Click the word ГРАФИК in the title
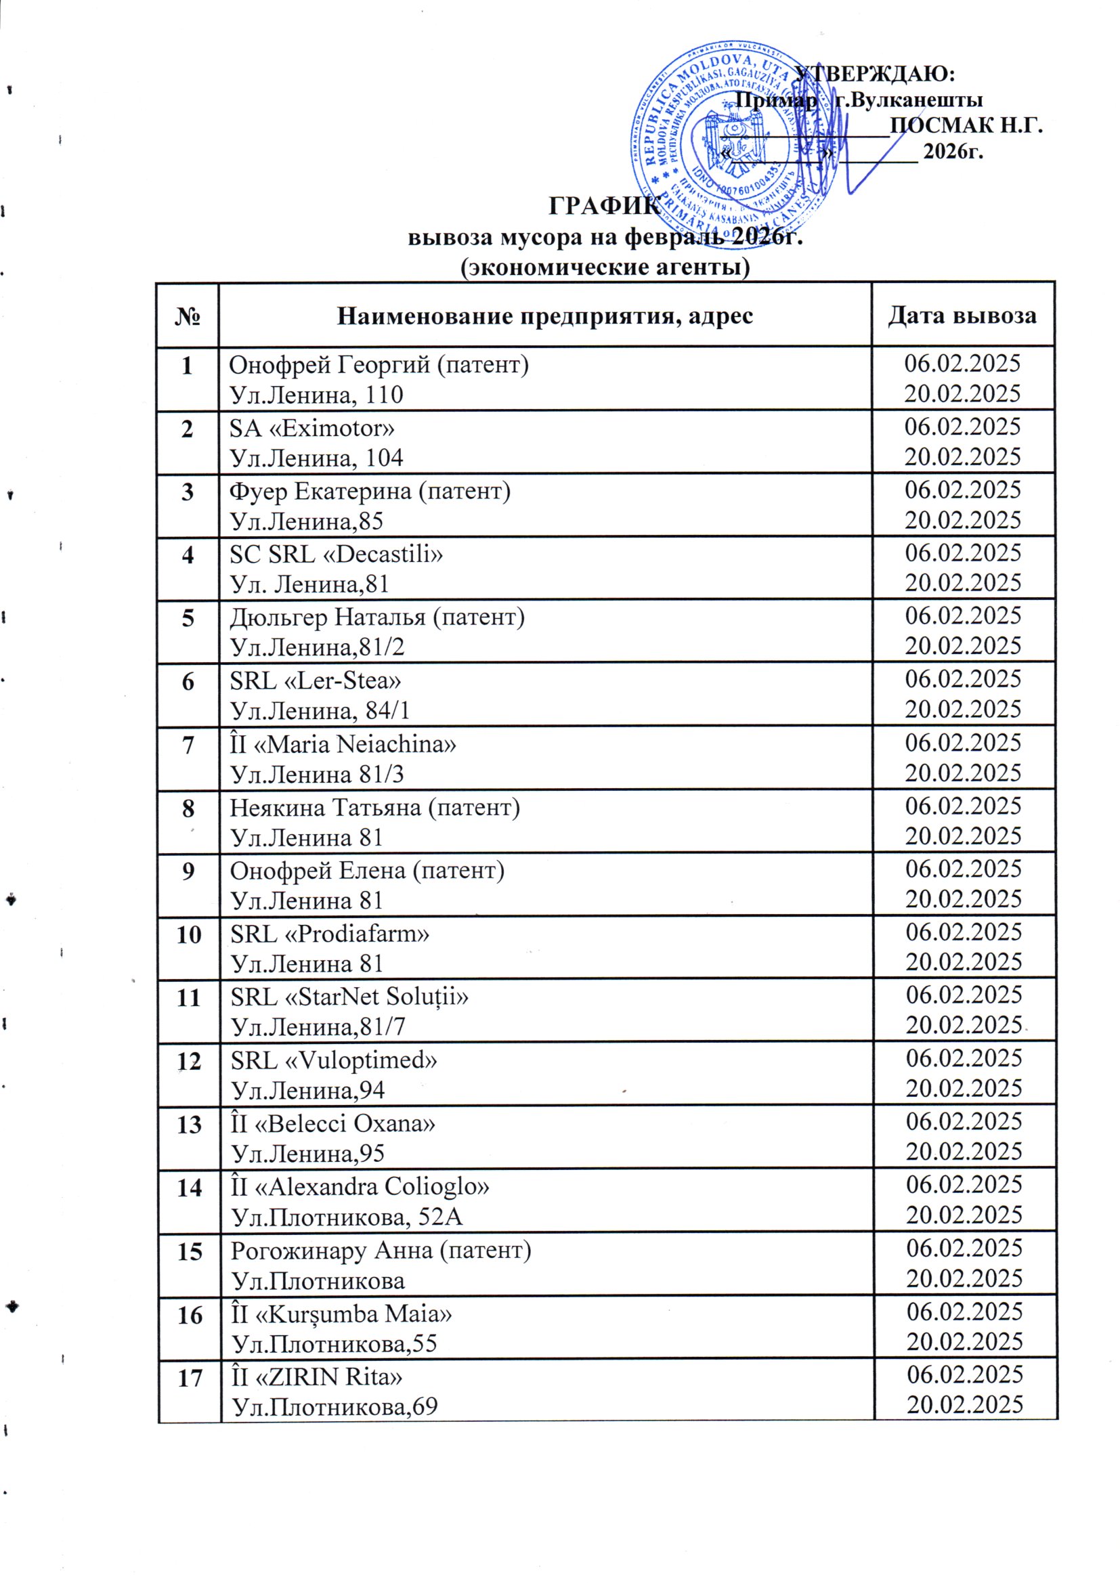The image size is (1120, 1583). (x=603, y=206)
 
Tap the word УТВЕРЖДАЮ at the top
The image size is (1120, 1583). (x=874, y=73)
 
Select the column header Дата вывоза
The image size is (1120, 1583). (x=962, y=315)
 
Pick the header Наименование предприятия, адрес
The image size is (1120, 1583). (x=544, y=316)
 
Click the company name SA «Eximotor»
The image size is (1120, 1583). (x=311, y=428)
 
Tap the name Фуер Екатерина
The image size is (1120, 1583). (x=323, y=492)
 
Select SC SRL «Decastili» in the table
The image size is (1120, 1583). (x=336, y=555)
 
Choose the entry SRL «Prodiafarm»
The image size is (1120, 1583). (x=330, y=934)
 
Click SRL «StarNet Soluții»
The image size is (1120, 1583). (x=349, y=997)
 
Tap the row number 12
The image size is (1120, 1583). (x=188, y=1061)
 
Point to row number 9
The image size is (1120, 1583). (x=188, y=871)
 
